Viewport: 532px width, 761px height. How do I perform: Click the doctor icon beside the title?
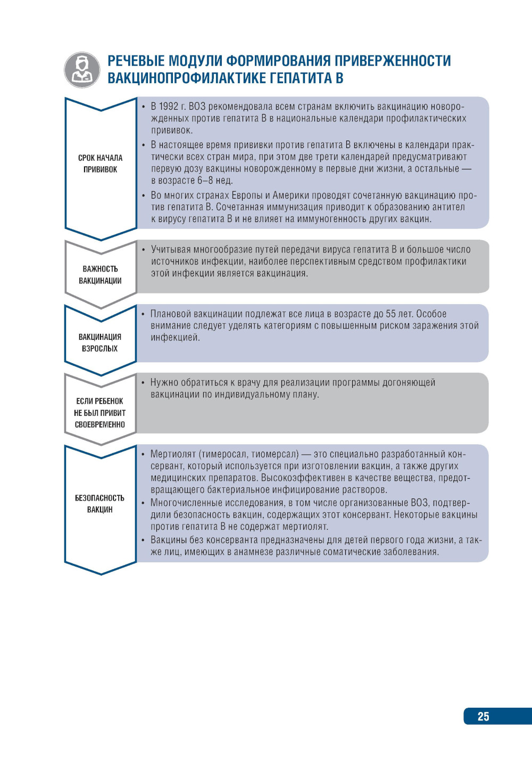pyautogui.click(x=82, y=70)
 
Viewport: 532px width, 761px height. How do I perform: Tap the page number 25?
pyautogui.click(x=483, y=716)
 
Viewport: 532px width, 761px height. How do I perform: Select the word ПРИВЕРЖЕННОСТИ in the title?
pyautogui.click(x=393, y=61)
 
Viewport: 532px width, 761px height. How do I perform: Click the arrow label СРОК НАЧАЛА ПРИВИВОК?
pyautogui.click(x=100, y=163)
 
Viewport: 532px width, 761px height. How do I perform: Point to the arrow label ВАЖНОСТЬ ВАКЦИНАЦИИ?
pyautogui.click(x=100, y=275)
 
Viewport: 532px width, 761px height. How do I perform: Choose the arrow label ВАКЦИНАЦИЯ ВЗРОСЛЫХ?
pyautogui.click(x=100, y=342)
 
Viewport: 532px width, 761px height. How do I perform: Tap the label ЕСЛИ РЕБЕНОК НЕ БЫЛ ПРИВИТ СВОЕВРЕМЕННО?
pyautogui.click(x=100, y=413)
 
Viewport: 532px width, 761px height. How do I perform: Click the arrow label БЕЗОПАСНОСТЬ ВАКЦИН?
pyautogui.click(x=100, y=503)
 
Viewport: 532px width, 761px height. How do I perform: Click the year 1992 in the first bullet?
pyautogui.click(x=169, y=107)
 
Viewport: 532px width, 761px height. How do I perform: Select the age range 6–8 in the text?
pyautogui.click(x=205, y=181)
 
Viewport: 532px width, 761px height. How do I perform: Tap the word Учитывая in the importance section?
pyautogui.click(x=170, y=250)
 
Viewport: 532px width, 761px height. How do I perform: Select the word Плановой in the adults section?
pyautogui.click(x=170, y=314)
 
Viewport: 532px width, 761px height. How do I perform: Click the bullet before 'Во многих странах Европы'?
pyautogui.click(x=144, y=195)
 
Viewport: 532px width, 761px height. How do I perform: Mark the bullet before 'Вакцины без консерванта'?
pyautogui.click(x=144, y=540)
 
